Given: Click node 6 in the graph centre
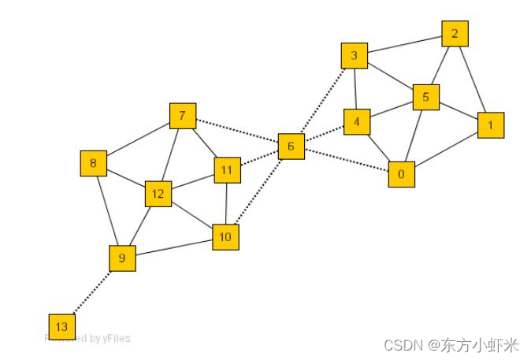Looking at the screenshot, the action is click(x=291, y=147).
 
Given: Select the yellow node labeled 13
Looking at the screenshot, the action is click(x=61, y=326).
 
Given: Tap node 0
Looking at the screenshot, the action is click(x=401, y=174).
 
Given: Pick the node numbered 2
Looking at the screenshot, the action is click(x=455, y=34).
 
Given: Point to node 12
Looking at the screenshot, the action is click(x=158, y=194).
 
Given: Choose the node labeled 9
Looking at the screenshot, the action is click(x=122, y=258).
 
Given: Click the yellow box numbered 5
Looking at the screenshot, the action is click(x=425, y=98).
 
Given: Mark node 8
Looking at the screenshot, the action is click(x=93, y=163).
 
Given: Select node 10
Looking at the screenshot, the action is click(x=225, y=236).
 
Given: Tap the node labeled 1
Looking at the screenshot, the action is click(x=490, y=124).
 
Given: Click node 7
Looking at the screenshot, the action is click(x=182, y=117).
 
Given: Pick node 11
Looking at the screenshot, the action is click(x=227, y=169).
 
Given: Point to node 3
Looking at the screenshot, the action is click(x=354, y=56).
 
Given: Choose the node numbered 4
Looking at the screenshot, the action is click(x=357, y=122).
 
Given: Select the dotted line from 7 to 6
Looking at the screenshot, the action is click(x=236, y=132).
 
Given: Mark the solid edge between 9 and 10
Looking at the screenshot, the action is click(x=173, y=247).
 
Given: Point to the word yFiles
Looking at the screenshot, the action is click(x=116, y=339).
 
